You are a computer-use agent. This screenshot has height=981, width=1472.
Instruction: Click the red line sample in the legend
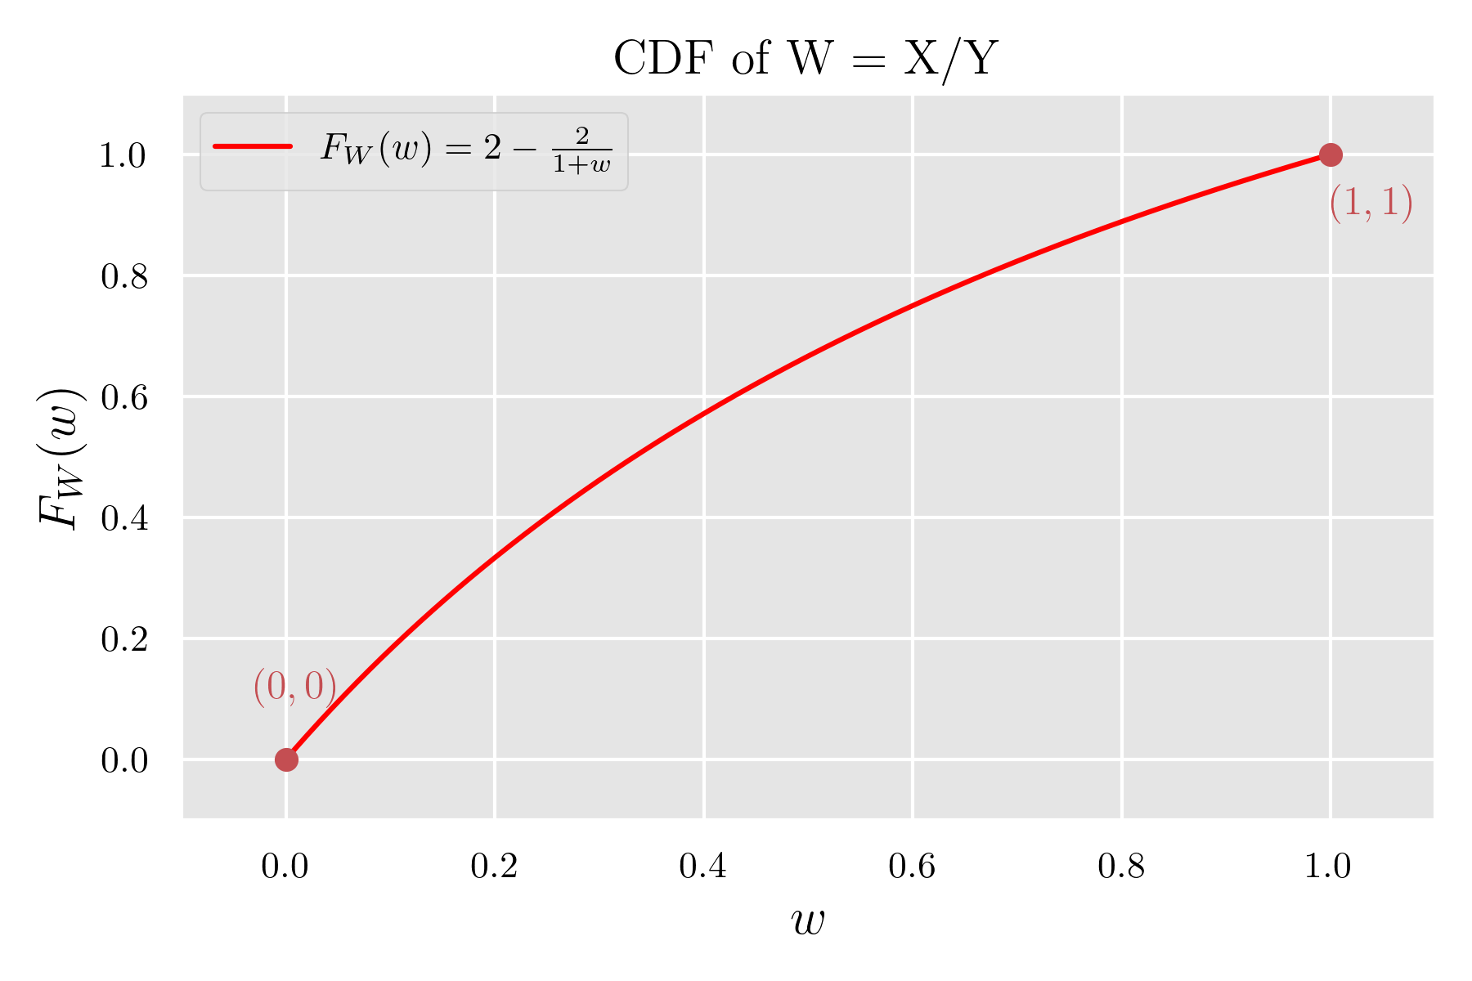pos(253,147)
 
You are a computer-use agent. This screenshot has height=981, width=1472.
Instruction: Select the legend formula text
pos(466,150)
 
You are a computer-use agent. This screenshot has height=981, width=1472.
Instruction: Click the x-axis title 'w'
pos(808,921)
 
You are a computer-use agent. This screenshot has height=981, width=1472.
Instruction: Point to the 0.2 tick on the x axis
pos(494,867)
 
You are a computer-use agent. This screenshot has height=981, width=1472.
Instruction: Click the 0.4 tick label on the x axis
pos(703,867)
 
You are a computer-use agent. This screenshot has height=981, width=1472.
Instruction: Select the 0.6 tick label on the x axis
pos(912,867)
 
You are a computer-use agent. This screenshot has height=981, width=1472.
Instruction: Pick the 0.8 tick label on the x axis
pos(1121,867)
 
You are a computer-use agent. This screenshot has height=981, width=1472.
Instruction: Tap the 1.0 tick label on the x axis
pos(1329,867)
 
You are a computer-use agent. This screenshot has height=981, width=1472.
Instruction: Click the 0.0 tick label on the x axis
pos(285,867)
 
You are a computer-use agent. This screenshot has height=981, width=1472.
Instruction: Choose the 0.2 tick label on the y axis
pos(124,639)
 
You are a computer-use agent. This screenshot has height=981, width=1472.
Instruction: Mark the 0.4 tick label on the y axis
pos(124,518)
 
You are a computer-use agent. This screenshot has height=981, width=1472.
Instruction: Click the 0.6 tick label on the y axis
pos(124,397)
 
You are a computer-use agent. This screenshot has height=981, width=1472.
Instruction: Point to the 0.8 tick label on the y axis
pos(124,277)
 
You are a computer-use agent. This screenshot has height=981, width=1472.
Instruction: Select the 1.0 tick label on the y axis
pos(124,156)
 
